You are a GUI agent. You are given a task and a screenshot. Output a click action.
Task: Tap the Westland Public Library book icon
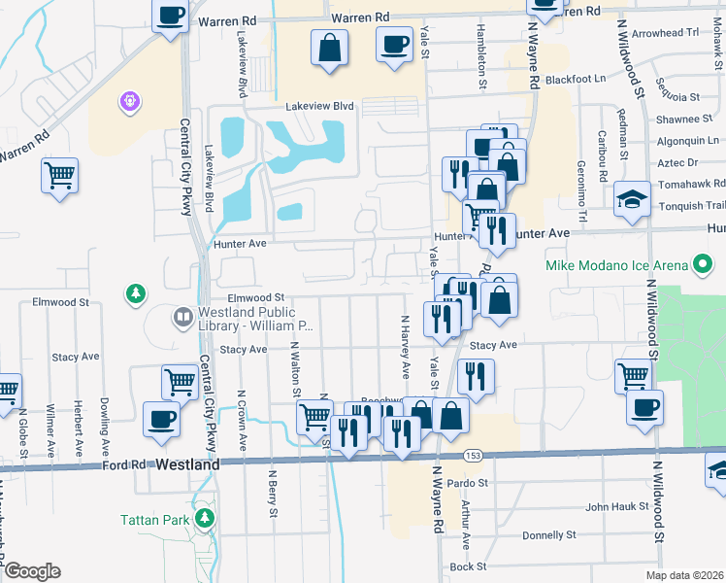(182, 317)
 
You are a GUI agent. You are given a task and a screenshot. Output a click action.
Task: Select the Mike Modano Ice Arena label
(616, 265)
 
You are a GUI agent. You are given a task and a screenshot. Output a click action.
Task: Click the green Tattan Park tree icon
(204, 518)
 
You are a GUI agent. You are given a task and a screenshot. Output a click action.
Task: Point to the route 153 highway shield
(473, 456)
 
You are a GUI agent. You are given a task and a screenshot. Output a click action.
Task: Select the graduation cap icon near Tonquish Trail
(632, 200)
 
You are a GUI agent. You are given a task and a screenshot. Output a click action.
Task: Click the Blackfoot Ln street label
(576, 79)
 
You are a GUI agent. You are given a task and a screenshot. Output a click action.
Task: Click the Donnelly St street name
(549, 535)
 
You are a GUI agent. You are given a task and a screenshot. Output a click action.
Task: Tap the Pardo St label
(468, 482)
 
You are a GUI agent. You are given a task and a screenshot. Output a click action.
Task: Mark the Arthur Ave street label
(466, 525)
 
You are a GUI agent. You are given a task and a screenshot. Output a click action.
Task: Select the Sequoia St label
(676, 97)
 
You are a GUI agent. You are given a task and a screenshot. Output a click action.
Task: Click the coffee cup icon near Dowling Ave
(160, 419)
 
